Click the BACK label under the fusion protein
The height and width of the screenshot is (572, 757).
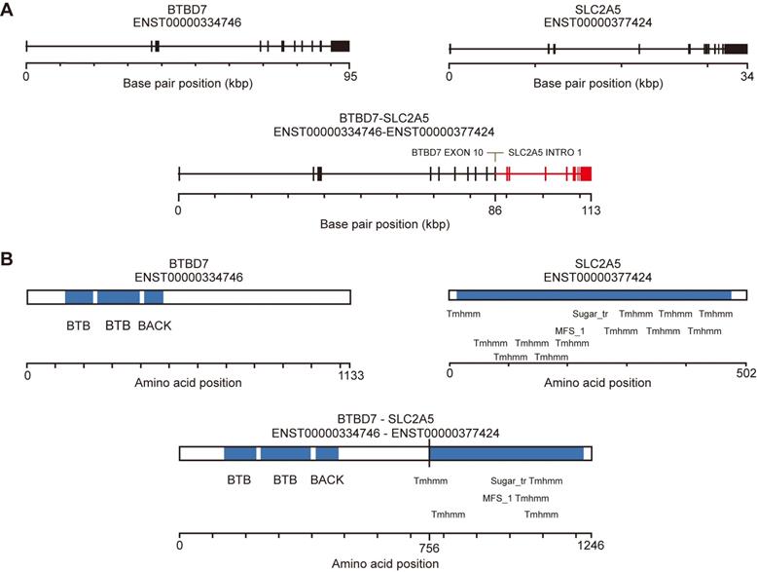327,480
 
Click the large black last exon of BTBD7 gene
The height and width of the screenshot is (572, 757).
341,46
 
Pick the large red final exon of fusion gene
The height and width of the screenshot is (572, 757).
586,173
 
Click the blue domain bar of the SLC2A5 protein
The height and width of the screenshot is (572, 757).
594,294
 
